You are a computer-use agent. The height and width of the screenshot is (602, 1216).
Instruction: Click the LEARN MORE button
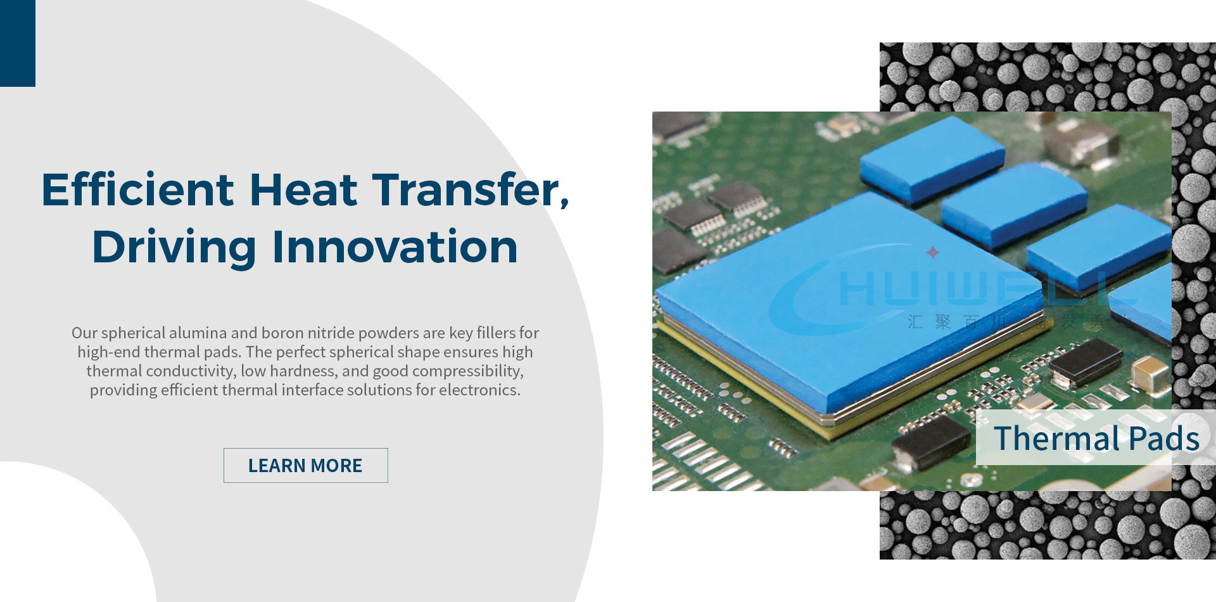point(305,465)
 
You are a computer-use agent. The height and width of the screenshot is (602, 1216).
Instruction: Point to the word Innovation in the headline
point(395,247)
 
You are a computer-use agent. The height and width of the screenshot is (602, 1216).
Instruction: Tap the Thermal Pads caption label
point(1096,438)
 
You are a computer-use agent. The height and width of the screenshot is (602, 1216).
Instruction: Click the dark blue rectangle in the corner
point(17,43)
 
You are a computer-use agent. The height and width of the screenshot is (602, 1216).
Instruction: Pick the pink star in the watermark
point(932,252)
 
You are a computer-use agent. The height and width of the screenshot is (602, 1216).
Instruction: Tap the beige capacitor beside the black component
point(1150,372)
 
